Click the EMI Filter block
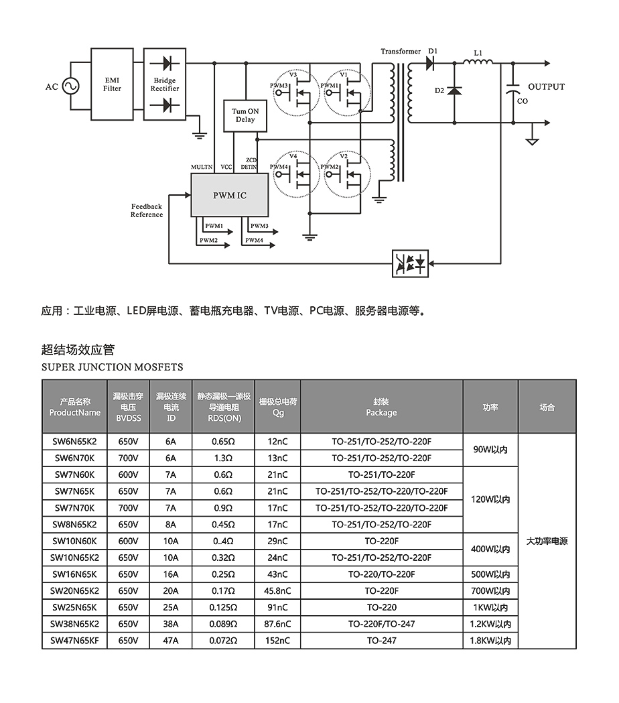pyautogui.click(x=112, y=84)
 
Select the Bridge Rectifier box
pyautogui.click(x=165, y=84)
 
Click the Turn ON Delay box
pyautogui.click(x=245, y=115)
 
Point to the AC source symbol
pyautogui.click(x=70, y=86)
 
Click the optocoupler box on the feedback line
pyautogui.click(x=411, y=263)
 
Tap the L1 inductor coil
pyautogui.click(x=478, y=63)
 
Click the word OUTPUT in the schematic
pyautogui.click(x=546, y=87)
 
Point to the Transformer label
pyautogui.click(x=401, y=52)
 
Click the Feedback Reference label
pyautogui.click(x=147, y=210)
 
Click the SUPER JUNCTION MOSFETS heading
pyautogui.click(x=112, y=367)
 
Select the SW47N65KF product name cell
pyautogui.click(x=74, y=641)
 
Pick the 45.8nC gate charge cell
pyautogui.click(x=278, y=591)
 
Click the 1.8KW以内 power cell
pyautogui.click(x=490, y=641)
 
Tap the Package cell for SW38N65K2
pyautogui.click(x=381, y=624)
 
